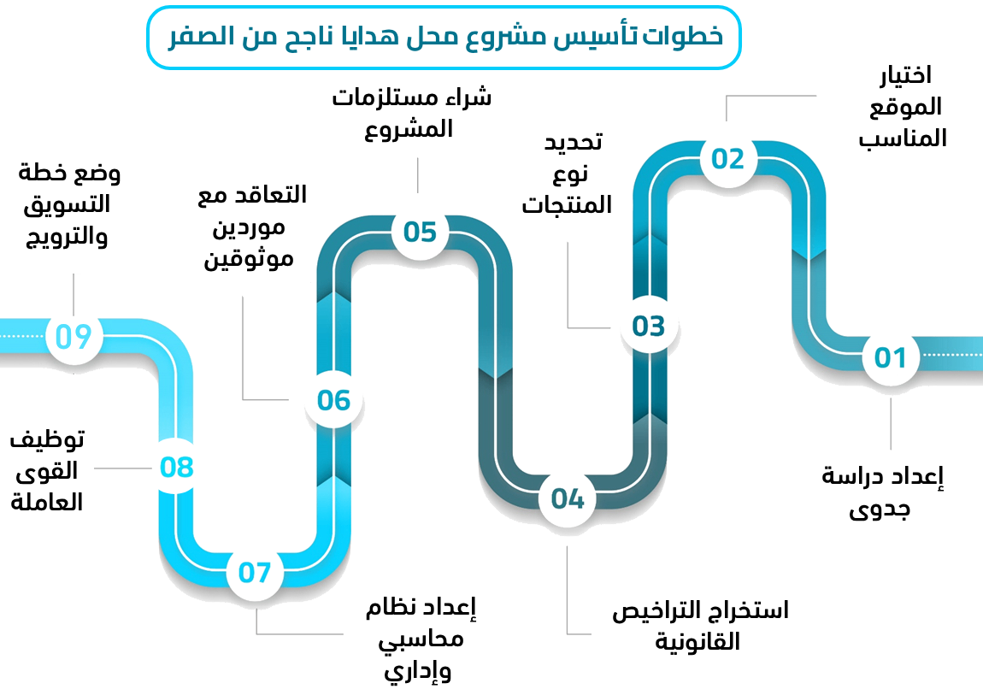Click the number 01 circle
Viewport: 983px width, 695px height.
[x=890, y=357]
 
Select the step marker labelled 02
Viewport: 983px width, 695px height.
[x=728, y=159]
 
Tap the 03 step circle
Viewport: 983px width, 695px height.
[x=649, y=326]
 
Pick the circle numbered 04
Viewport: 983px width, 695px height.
[x=568, y=498]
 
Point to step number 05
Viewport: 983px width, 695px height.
[x=421, y=233]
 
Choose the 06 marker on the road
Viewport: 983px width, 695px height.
[x=334, y=400]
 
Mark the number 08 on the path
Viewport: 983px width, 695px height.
[x=177, y=468]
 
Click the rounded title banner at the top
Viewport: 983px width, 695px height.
[x=441, y=37]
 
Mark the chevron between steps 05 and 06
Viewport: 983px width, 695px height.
[x=334, y=299]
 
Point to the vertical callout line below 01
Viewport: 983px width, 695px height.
[x=892, y=423]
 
